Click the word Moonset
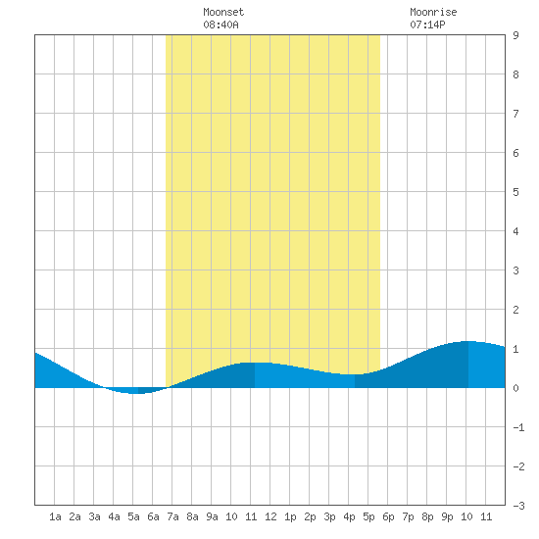point(223,12)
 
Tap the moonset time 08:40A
point(220,24)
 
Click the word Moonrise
point(433,12)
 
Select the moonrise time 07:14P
point(427,24)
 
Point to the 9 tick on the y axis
point(515,35)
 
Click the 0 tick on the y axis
point(515,388)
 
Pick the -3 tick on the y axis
point(518,506)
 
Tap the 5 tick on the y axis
point(515,192)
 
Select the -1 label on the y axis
point(518,427)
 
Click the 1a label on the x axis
point(55,516)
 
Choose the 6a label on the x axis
point(153,516)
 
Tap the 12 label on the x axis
point(270,516)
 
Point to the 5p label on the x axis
point(368,516)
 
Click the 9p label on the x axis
point(447,516)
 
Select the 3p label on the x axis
point(329,516)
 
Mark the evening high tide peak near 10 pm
point(468,341)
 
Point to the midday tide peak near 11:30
point(255,363)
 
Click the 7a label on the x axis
point(172,516)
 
